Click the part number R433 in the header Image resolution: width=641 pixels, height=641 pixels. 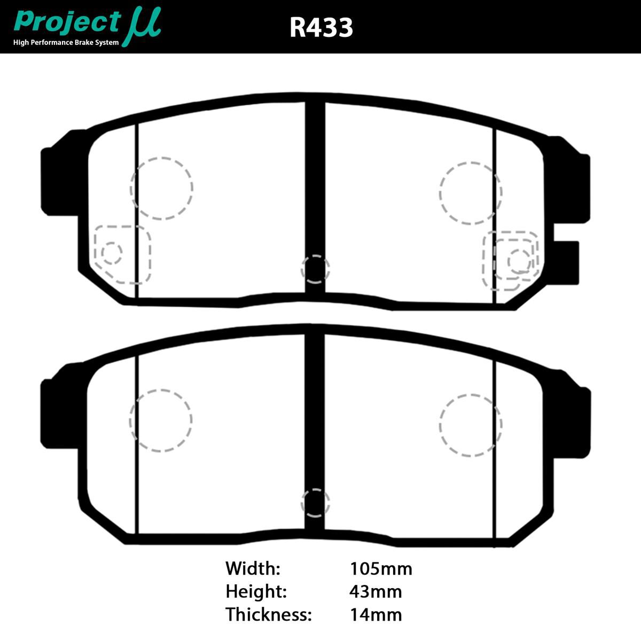pos(321,27)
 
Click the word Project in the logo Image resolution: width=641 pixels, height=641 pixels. pos(67,23)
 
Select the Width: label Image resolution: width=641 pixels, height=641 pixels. pos(253,568)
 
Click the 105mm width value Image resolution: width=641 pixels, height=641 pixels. pos(381,568)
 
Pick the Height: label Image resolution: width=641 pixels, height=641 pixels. pos(256,591)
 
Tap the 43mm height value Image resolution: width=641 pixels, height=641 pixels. pos(376,591)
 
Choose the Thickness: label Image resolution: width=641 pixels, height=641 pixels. pos(268,614)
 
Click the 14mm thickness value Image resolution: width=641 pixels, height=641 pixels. pos(376,614)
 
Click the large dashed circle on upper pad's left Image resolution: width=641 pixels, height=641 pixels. pos(161,188)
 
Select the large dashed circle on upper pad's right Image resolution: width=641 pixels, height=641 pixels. pos(471,193)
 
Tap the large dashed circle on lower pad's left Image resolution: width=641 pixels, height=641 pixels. pos(161,420)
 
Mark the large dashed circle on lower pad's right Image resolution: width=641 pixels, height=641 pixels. pos(471,425)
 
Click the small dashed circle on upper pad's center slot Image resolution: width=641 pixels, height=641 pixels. pos(315,269)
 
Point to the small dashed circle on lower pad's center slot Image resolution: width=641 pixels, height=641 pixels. pos(315,503)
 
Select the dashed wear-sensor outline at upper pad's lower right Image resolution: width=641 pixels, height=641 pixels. pos(511,261)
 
